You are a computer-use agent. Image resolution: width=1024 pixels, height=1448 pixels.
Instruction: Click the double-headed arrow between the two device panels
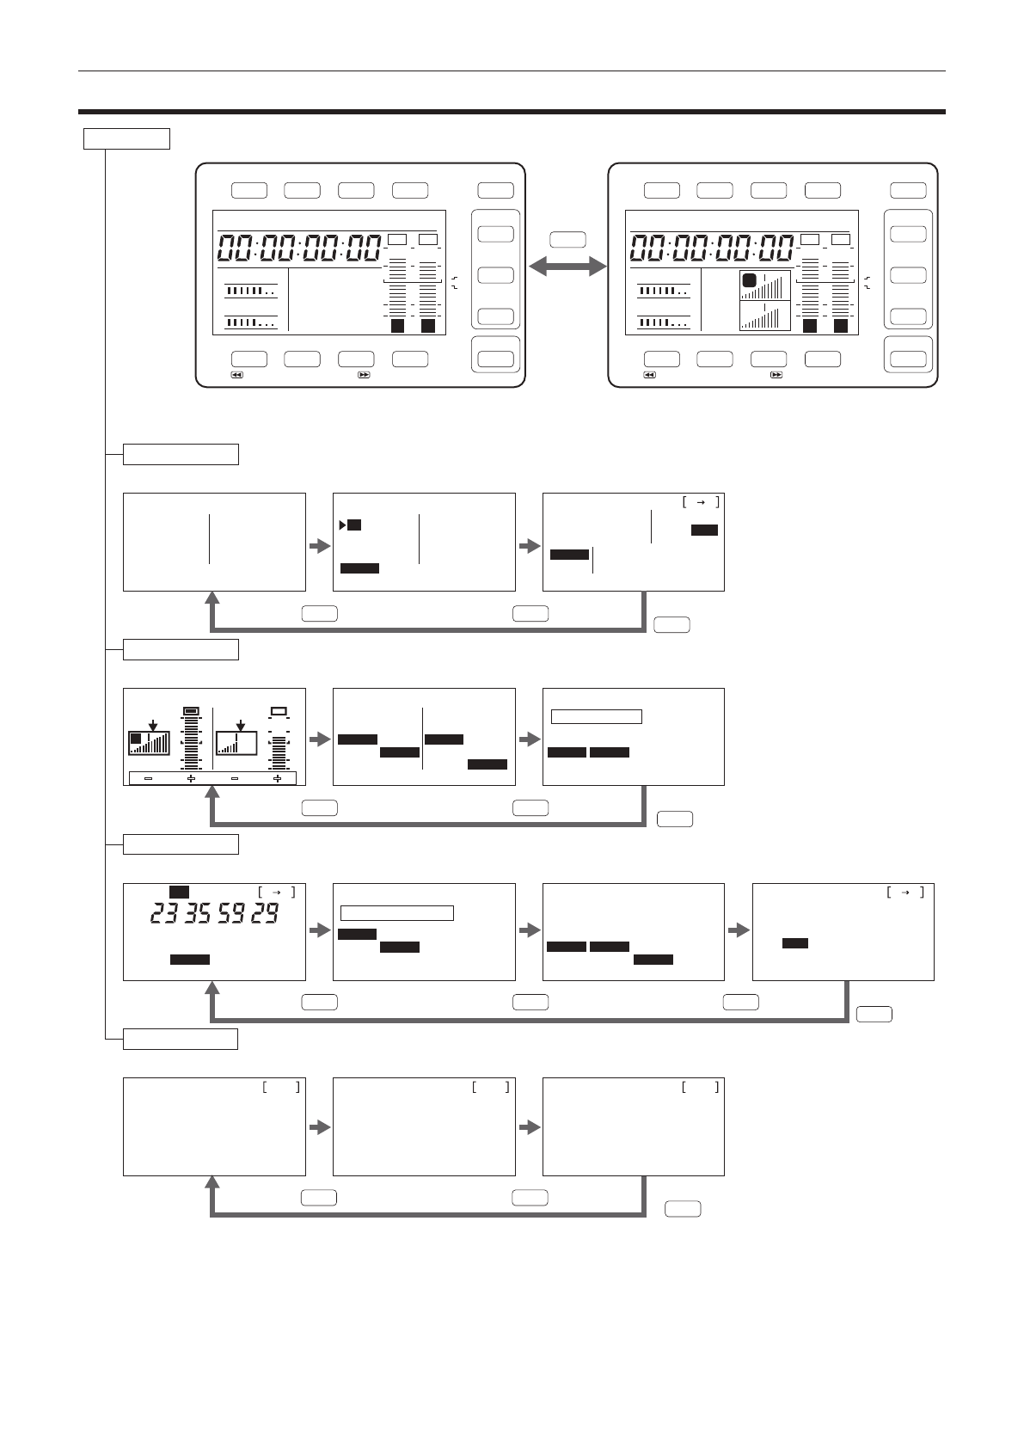coord(567,267)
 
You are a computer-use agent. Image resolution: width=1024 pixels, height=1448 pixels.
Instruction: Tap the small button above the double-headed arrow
coord(567,240)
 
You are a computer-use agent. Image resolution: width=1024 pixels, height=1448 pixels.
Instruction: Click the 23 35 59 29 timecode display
coord(215,913)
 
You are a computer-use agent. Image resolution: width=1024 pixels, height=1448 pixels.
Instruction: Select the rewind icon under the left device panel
coord(237,375)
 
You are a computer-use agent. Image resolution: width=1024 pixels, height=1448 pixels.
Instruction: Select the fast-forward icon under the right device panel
coord(776,375)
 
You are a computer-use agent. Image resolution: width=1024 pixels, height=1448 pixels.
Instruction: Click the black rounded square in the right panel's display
coord(749,280)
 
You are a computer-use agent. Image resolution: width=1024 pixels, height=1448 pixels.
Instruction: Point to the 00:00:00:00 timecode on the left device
coord(299,248)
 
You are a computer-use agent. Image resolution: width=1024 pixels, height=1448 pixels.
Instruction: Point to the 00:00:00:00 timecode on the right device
coord(712,248)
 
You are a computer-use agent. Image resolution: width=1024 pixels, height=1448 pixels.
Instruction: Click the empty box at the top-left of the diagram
coord(126,139)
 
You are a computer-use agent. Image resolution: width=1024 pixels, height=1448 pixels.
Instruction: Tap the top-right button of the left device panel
coord(496,190)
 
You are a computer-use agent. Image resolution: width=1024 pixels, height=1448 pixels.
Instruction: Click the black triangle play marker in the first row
coord(343,525)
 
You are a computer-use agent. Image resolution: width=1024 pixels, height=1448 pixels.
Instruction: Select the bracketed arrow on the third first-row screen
coord(701,502)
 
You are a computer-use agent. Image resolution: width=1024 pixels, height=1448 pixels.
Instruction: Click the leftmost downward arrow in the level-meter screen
coord(153,726)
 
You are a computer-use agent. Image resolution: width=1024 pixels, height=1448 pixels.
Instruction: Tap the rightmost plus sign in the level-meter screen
coord(278,779)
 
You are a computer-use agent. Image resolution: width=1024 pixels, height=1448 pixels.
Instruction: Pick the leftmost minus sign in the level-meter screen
coord(148,779)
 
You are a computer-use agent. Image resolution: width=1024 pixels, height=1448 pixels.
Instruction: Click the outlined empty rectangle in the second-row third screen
coord(596,716)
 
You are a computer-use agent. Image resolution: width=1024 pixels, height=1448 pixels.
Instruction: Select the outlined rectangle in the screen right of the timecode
coord(397,913)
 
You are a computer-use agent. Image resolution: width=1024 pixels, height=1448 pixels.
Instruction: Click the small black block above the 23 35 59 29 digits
coord(179,892)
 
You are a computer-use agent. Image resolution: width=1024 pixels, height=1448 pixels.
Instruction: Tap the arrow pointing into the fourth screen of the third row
coord(739,930)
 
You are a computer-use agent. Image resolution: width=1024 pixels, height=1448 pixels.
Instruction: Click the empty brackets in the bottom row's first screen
coord(281,1088)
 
